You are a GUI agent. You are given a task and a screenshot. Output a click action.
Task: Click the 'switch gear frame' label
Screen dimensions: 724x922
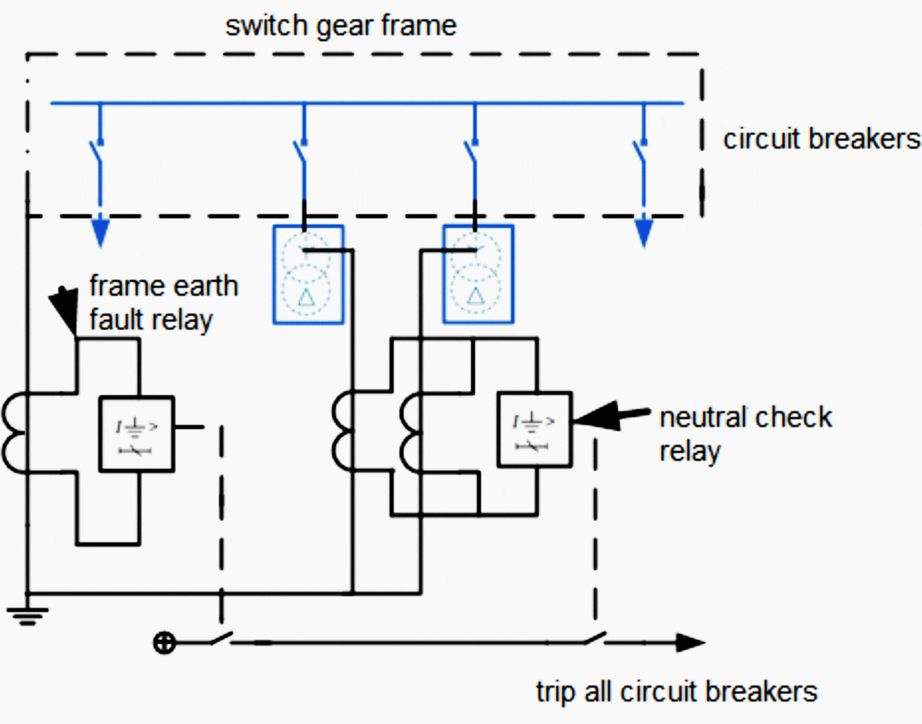[x=340, y=26]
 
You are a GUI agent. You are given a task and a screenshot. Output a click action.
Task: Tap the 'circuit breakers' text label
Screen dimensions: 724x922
[x=821, y=140]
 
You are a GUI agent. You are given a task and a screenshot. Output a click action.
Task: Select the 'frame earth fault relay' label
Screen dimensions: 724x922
[x=162, y=303]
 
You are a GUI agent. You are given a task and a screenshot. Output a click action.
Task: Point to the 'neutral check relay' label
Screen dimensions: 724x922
[x=745, y=434]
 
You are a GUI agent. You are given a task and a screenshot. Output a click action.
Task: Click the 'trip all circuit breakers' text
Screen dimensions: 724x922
[x=676, y=692]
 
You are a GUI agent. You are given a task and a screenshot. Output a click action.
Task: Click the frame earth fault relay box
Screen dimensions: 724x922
[x=136, y=433]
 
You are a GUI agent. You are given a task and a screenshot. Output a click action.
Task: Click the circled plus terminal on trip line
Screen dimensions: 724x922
[x=164, y=643]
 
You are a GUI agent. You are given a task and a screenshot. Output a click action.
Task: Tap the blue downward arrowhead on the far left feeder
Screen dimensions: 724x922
[x=99, y=234]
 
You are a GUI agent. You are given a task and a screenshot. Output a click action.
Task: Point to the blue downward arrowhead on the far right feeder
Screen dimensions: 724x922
[x=642, y=234]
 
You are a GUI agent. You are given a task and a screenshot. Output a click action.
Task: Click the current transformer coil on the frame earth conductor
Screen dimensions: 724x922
[x=16, y=433]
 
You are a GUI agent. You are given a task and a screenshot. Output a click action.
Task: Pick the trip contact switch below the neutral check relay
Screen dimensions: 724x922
[x=594, y=639]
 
